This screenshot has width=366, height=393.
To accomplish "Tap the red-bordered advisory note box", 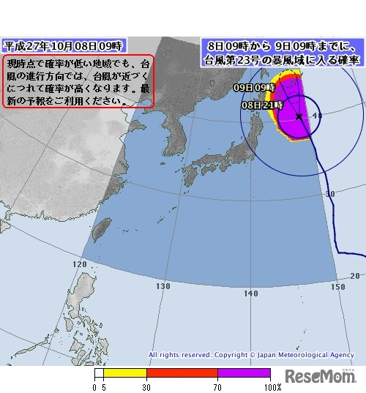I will click(x=79, y=81).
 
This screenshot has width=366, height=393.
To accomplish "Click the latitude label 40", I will click(x=317, y=116).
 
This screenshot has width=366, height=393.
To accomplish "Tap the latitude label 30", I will click(x=330, y=194).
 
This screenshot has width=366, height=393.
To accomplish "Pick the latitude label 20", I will click(x=355, y=275).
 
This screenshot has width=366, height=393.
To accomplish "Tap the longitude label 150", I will click(x=338, y=286).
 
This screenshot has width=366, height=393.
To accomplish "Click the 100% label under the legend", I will click(x=272, y=387).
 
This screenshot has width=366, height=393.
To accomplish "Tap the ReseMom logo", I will click(x=319, y=376).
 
